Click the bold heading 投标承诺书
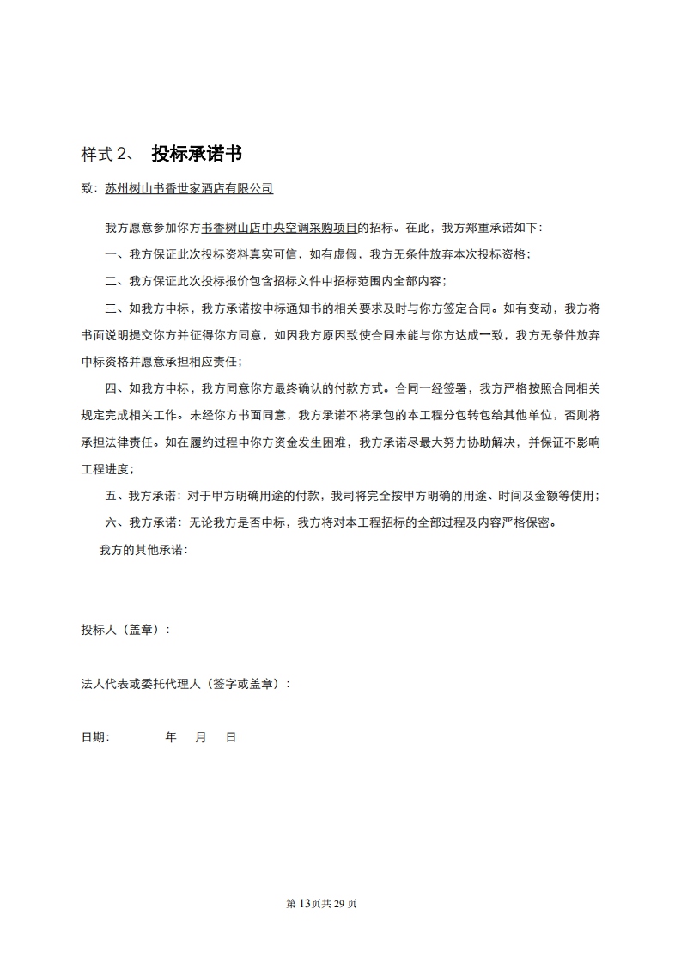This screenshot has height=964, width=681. tap(197, 154)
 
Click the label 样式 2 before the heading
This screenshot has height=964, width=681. tap(103, 155)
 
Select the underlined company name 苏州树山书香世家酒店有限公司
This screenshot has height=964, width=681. tap(189, 187)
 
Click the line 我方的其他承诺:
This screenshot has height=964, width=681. tap(143, 549)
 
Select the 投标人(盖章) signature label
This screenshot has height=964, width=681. tap(125, 629)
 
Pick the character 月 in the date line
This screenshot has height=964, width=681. tap(201, 737)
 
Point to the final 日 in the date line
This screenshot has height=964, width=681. tap(230, 737)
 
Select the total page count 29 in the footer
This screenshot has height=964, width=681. tap(344, 904)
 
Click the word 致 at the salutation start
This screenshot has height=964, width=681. tap(86, 187)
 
